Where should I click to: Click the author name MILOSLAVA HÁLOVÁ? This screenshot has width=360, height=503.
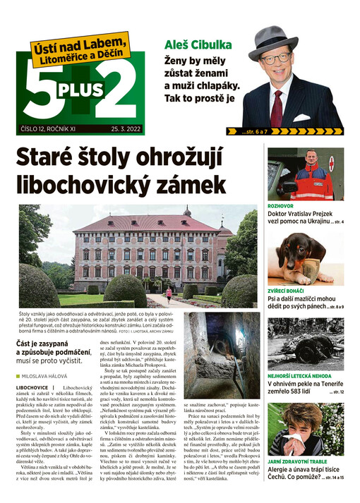pyautogui.click(x=56, y=377)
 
